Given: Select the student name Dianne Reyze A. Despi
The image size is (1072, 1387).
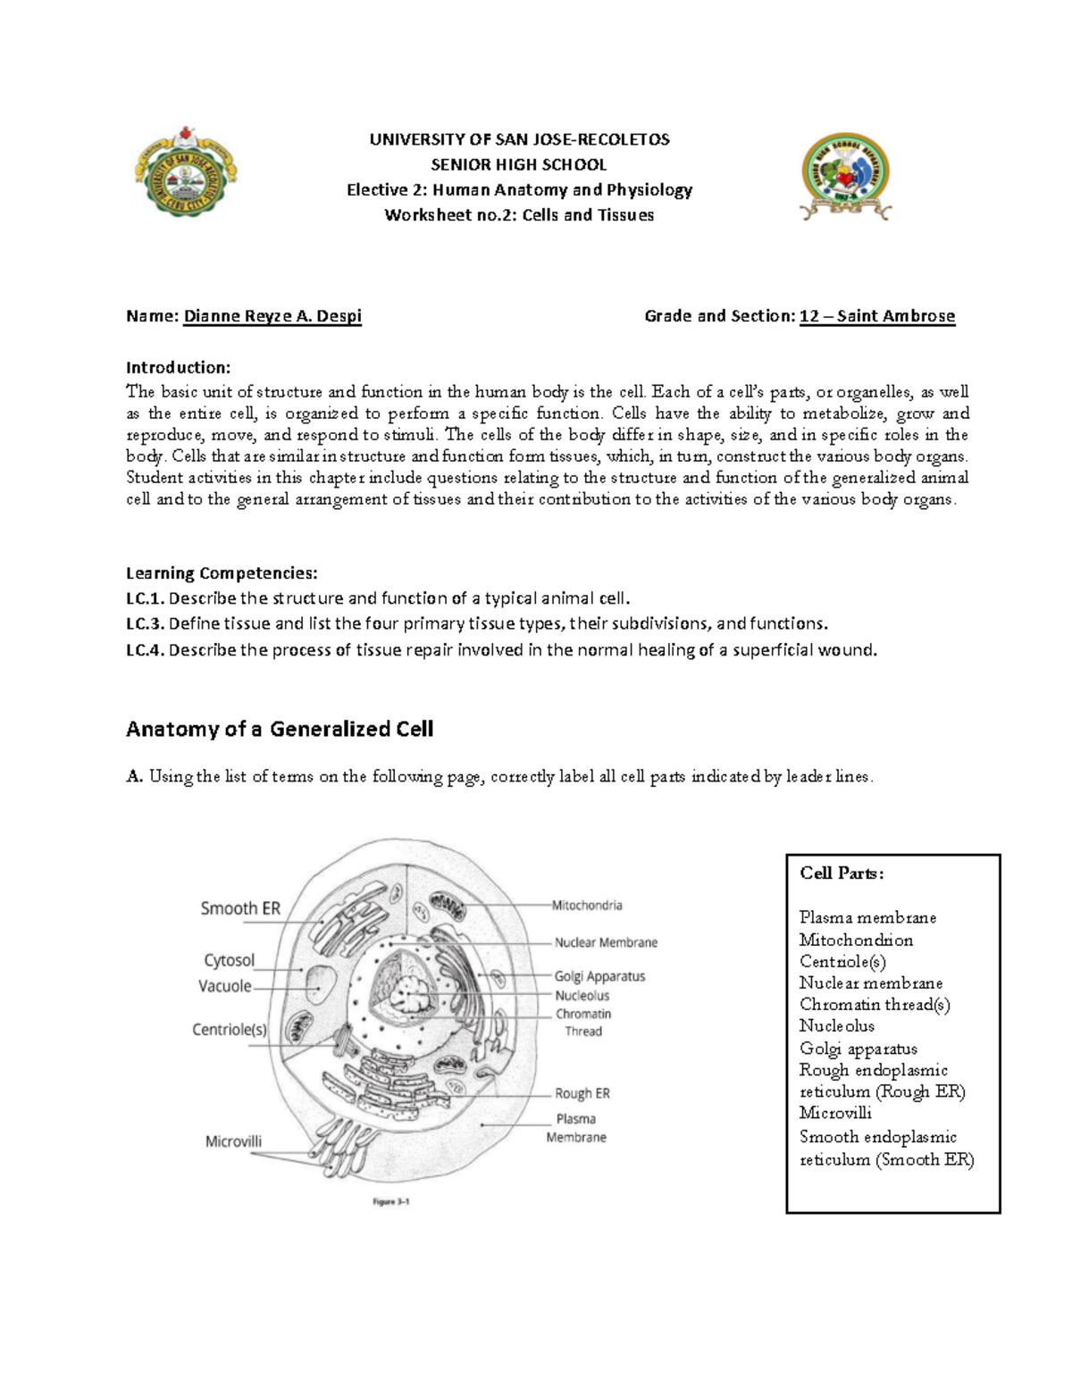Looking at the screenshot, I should pos(272,316).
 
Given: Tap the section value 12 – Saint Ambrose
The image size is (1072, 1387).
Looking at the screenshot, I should pos(876,316).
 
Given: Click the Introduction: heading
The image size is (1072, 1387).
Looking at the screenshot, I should pos(178,367).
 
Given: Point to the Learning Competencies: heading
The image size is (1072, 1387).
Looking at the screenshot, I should pos(221,572).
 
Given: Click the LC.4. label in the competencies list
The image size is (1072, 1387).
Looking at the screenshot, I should pos(145,650).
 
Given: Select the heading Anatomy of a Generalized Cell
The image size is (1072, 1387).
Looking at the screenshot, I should pos(280,729).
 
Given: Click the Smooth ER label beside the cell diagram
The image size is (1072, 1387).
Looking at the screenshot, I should pos(240,908).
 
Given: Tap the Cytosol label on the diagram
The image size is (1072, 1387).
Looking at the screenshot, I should pos(229,960).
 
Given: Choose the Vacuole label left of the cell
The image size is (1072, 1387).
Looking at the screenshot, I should pos(224,986).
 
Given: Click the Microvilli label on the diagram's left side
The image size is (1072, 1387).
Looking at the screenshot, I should pos(233,1141).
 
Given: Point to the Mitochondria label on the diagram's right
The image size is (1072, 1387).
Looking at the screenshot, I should pos(587,905).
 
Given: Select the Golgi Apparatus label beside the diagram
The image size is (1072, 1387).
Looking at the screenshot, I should pos(599,976).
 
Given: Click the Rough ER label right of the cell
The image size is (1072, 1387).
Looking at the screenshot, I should pos(582,1093).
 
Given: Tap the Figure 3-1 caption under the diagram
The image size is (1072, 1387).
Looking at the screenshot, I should pos(390,1201).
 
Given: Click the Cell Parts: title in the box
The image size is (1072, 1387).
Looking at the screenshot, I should pos(842,873).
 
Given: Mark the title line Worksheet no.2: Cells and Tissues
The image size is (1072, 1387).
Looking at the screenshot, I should pos(519,215).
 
